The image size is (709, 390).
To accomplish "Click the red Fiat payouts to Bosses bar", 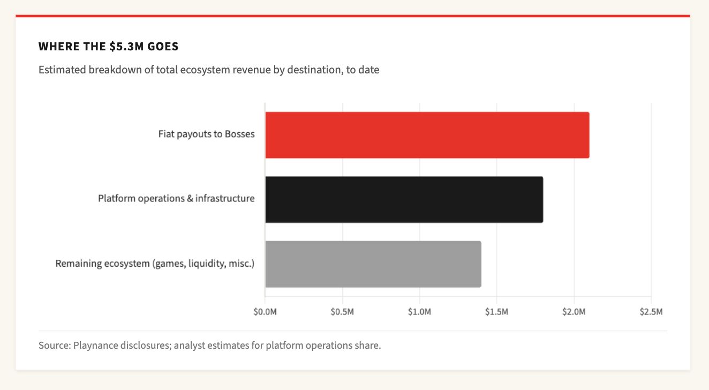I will coord(427,135).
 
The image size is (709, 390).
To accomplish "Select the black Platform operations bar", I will coord(404,199).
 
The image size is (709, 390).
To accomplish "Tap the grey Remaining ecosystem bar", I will coord(373,264).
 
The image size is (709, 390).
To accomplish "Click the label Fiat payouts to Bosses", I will coord(206,134).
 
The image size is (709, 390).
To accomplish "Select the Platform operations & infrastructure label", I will coord(176,199).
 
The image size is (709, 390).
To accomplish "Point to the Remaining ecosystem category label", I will coord(155,264).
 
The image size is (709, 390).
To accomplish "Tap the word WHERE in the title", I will coord(55,47).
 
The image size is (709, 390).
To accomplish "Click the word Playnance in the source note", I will coord(96,346).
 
